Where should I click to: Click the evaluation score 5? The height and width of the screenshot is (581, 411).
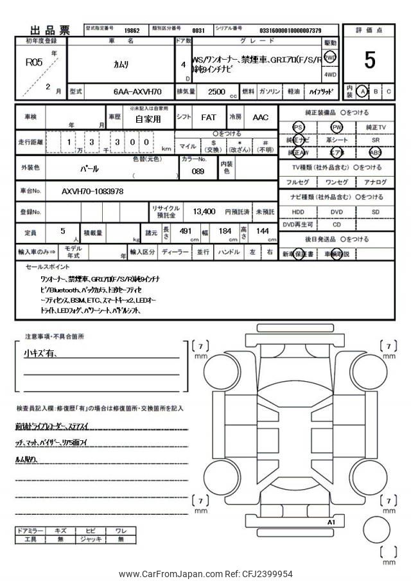pos(369,60)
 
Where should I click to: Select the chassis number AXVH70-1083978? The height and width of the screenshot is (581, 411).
pos(92,192)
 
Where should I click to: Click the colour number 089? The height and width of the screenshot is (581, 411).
pos(198,172)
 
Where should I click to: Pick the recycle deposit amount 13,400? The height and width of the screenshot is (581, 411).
pos(199,211)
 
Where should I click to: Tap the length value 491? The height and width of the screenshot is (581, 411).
pos(186,231)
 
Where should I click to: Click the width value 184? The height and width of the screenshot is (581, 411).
pos(225,231)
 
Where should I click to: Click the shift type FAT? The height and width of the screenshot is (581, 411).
pos(208,118)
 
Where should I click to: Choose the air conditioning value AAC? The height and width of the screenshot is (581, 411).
pos(260,118)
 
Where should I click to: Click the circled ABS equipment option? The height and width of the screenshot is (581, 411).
pos(375,152)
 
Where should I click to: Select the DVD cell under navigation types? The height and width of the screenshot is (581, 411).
pos(337,211)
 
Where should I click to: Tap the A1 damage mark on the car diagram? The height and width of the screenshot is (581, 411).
pos(331,523)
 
